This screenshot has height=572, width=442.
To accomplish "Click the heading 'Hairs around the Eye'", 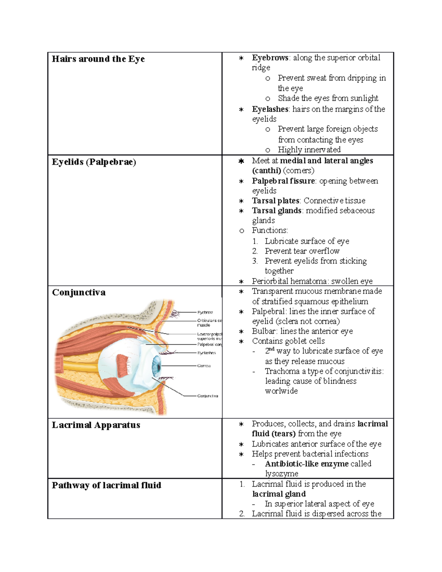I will (x=98, y=59).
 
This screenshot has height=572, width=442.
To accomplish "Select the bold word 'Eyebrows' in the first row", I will (x=270, y=58).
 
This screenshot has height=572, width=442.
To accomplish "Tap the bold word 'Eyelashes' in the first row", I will (x=270, y=109).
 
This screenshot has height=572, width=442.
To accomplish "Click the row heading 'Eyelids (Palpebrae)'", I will (x=94, y=162).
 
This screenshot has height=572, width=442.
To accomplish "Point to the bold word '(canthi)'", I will (x=266, y=171).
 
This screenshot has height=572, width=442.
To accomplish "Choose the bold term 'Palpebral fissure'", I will (x=283, y=181).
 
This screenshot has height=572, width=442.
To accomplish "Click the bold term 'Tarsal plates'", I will (x=276, y=201).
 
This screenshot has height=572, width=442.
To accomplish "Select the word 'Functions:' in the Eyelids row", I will (x=270, y=231).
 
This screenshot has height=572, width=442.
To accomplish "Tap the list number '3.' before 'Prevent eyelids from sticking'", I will (x=255, y=261).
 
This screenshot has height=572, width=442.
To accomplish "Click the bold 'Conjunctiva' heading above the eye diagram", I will (x=78, y=292).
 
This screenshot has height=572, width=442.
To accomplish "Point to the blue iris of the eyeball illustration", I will (x=157, y=365).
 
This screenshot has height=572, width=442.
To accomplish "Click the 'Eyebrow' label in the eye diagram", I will (x=205, y=312).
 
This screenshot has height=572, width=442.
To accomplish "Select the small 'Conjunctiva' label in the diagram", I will (x=208, y=396).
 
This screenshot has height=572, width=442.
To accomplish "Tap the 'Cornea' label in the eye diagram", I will (x=204, y=366).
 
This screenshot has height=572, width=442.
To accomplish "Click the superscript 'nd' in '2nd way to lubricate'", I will (x=272, y=348).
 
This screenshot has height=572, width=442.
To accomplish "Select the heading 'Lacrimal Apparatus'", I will (x=96, y=425).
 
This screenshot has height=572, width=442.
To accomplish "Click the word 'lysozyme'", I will (x=281, y=474).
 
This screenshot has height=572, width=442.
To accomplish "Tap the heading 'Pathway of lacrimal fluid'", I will (x=106, y=485).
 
